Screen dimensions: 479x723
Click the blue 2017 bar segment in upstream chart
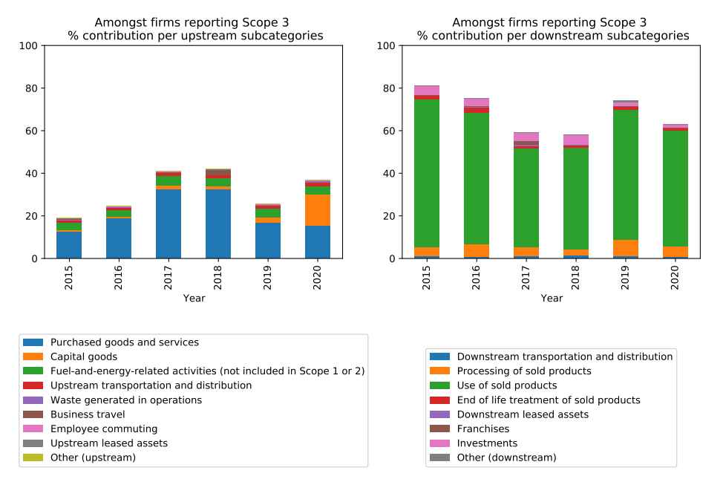pos(169,224)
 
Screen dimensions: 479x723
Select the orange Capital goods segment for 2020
pos(318,210)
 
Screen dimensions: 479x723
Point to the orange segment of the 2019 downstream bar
pos(626,248)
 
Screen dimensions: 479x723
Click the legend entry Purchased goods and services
pos(124,342)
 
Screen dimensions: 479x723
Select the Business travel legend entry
pos(88,414)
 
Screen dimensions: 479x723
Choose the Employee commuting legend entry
pos(104,429)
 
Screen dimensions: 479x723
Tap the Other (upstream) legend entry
pos(93,457)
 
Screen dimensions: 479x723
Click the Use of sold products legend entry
pos(506,385)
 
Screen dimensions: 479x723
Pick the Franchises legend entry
pos(482,429)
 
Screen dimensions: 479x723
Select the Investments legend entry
pos(487,443)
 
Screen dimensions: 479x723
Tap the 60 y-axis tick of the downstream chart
pos(385,131)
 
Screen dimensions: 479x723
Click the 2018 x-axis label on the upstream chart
pos(218,277)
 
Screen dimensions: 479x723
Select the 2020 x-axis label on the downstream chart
pos(675,277)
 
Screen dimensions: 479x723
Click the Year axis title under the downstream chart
pos(552,298)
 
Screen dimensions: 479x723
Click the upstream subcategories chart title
pos(195,29)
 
